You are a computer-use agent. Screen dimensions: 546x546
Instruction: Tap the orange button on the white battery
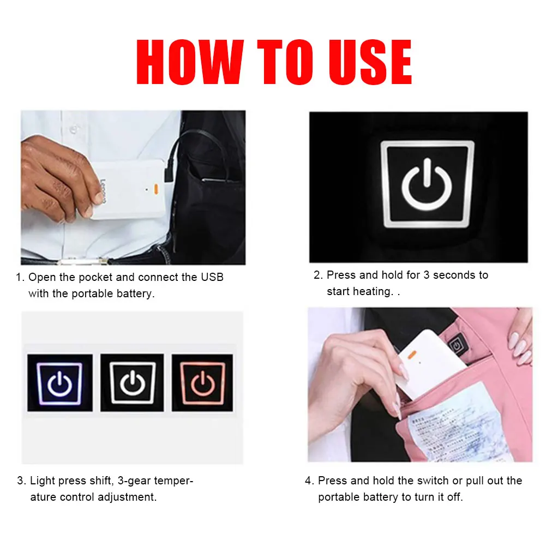coord(155,189)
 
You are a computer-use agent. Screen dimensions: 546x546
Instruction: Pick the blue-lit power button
coord(59,382)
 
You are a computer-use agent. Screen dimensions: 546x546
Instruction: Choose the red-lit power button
coord(202,382)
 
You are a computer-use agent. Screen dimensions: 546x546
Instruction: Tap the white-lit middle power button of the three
coord(131,382)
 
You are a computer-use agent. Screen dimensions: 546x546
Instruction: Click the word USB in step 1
coord(212,277)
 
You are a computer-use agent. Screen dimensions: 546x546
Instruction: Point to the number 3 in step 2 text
coord(427,275)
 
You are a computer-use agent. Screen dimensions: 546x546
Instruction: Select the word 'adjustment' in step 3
coord(127,497)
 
